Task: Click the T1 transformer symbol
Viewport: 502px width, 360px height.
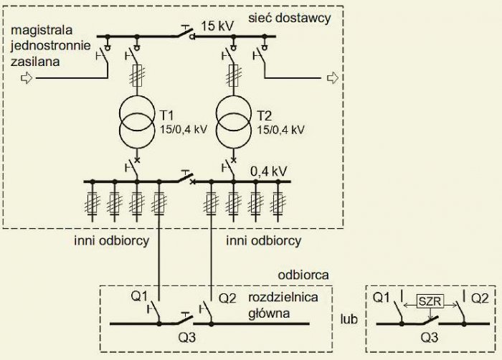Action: pos(137,122)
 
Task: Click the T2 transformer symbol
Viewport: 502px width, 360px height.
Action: pos(234,122)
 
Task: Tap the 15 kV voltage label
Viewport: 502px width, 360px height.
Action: pos(217,26)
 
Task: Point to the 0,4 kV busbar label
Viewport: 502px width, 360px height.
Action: pos(269,171)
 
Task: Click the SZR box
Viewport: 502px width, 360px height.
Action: pos(430,301)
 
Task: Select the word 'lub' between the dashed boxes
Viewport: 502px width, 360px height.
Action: pos(349,319)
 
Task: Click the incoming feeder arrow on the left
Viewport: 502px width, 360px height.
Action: pos(27,78)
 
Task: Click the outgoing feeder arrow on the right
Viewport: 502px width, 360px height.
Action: pos(333,78)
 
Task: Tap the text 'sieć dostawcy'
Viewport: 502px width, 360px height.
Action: pos(290,18)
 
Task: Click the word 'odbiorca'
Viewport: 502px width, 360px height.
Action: pos(303,275)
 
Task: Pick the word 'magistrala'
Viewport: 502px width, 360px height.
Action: pos(42,30)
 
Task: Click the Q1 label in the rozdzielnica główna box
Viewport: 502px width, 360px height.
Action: pos(139,296)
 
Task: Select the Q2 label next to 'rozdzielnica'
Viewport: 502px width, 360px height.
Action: pos(227,298)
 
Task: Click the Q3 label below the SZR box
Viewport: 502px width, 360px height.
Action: pos(430,337)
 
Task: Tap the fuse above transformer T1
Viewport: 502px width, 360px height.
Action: pos(137,75)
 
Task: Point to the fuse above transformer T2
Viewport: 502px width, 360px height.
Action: pos(234,75)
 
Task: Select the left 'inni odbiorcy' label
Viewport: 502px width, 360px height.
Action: pos(111,240)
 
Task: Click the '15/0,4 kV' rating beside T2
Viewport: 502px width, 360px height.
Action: pos(281,130)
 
